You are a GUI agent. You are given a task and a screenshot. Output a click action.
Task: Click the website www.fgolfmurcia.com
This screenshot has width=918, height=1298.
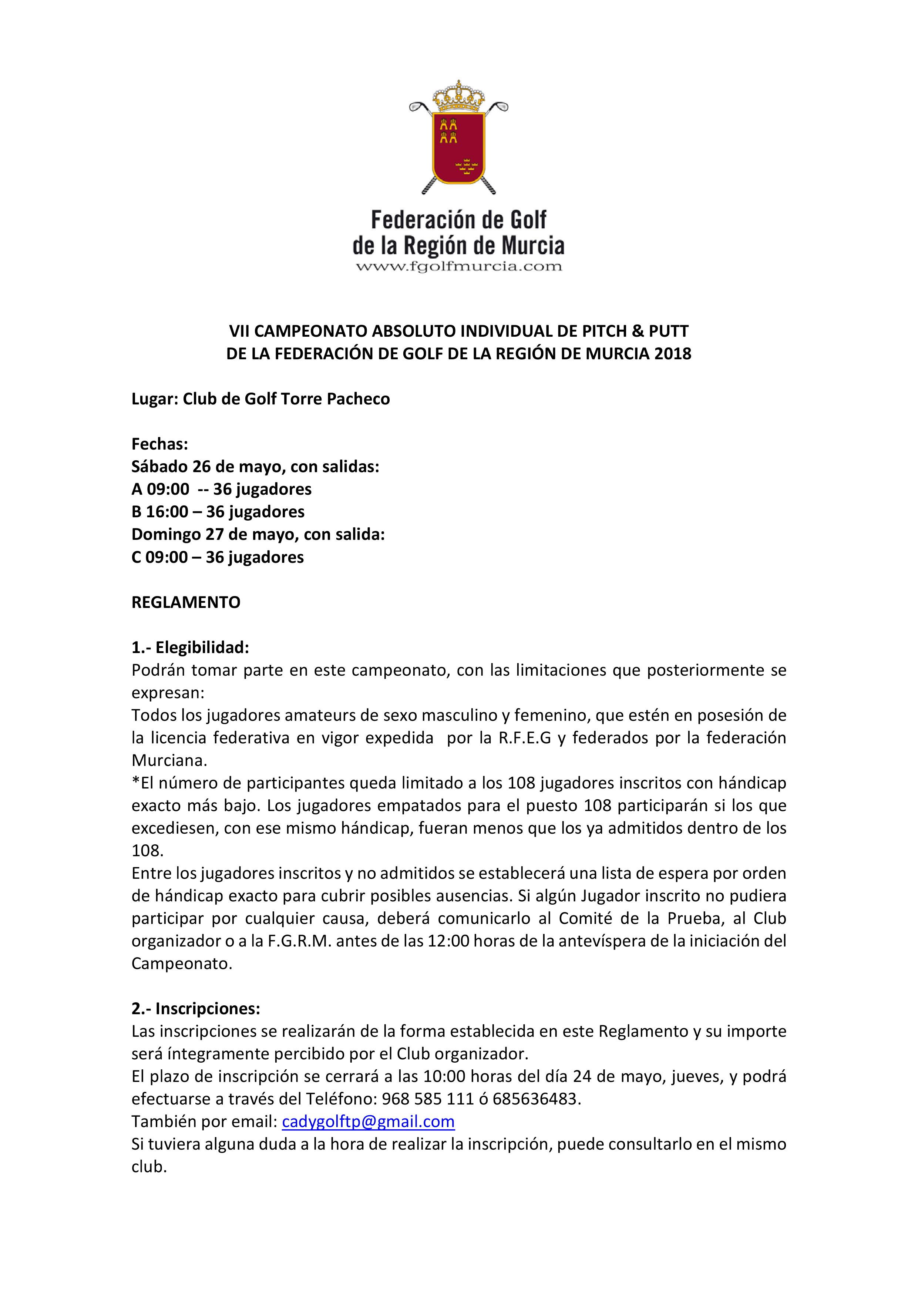pos(458,266)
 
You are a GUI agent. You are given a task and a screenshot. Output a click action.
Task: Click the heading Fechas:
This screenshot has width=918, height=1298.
pos(160,444)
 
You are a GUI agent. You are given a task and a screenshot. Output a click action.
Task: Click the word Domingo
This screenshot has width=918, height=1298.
pos(166,535)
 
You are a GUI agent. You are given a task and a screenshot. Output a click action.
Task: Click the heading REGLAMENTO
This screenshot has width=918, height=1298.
pos(186,603)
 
